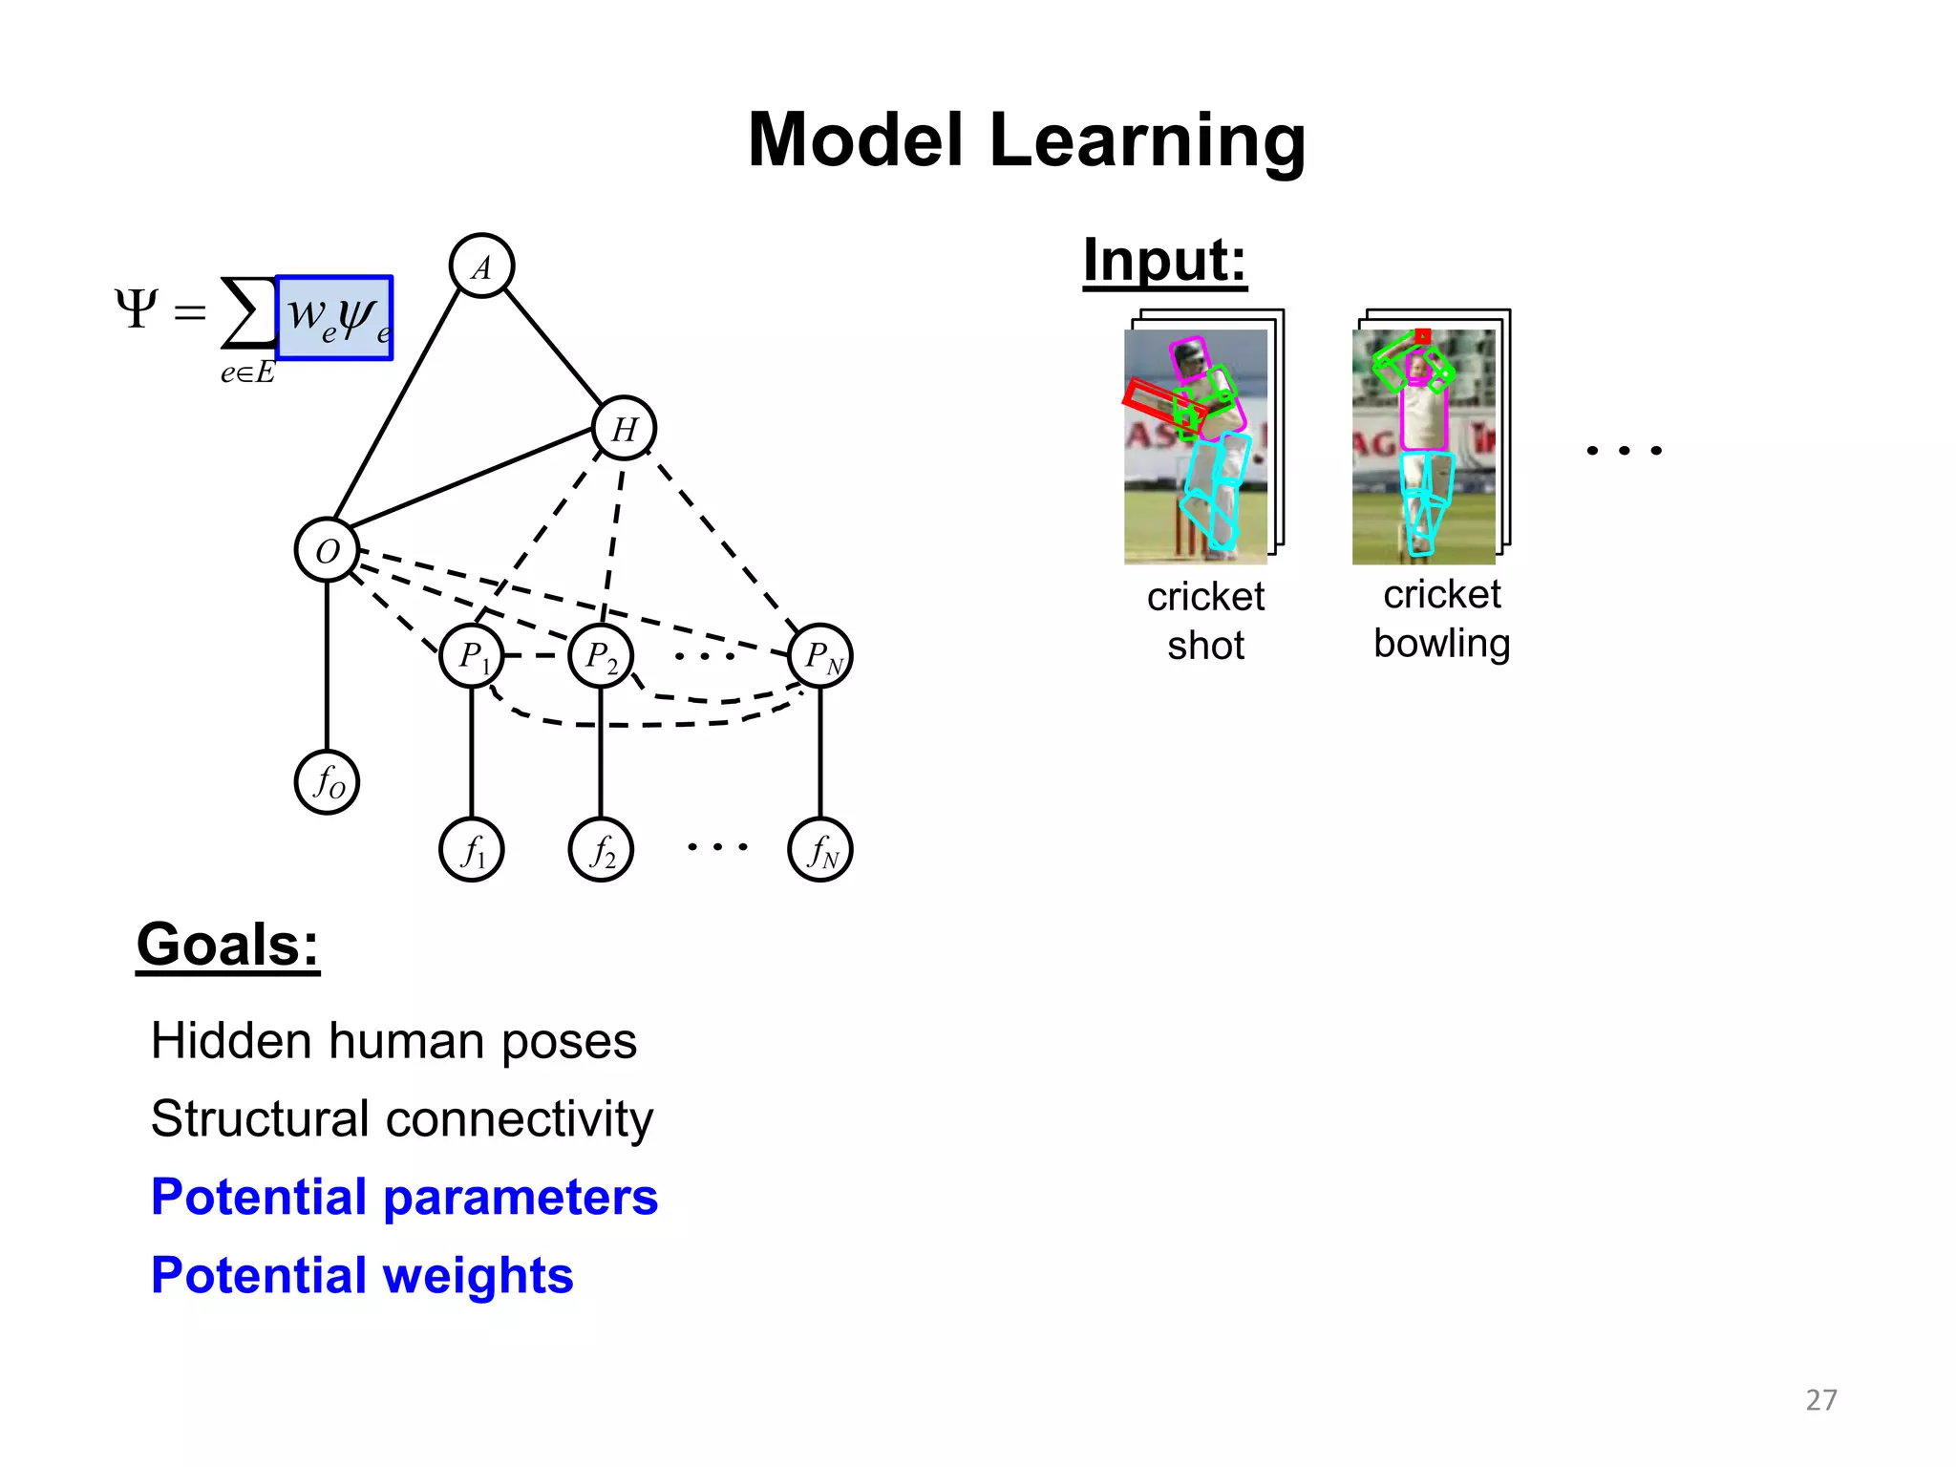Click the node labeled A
point(481,266)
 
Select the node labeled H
point(624,428)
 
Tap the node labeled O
point(327,550)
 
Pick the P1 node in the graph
point(472,656)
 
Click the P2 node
point(601,656)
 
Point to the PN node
point(820,656)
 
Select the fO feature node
point(327,782)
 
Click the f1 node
point(472,849)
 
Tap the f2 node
point(601,849)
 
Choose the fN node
point(820,849)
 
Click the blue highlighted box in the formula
point(334,317)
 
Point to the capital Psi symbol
point(136,308)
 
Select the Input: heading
point(1164,260)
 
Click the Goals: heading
point(227,945)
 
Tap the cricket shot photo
point(1196,446)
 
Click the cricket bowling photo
point(1423,446)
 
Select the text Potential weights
point(362,1275)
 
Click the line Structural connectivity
point(402,1118)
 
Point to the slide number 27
point(1820,1399)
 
